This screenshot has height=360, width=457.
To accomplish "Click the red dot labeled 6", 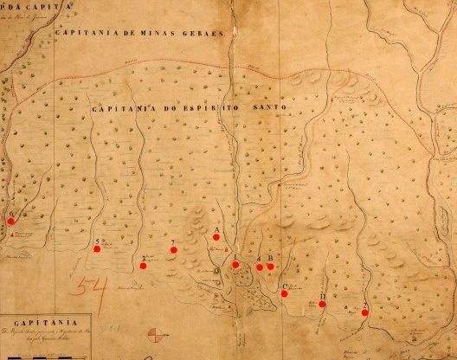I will [11, 221].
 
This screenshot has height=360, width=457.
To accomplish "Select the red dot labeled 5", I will [97, 248].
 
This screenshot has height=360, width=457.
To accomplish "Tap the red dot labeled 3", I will [143, 265].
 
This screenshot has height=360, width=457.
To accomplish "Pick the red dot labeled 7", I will [174, 249].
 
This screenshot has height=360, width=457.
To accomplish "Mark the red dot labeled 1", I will [235, 264].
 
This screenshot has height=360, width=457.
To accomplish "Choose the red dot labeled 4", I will [260, 267].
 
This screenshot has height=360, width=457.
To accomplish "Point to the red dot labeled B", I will [270, 266].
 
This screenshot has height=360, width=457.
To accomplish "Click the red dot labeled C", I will [285, 293].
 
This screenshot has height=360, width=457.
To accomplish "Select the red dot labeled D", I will [323, 304].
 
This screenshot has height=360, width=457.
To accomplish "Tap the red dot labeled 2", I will [366, 312].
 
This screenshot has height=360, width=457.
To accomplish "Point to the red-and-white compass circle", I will [156, 335].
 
